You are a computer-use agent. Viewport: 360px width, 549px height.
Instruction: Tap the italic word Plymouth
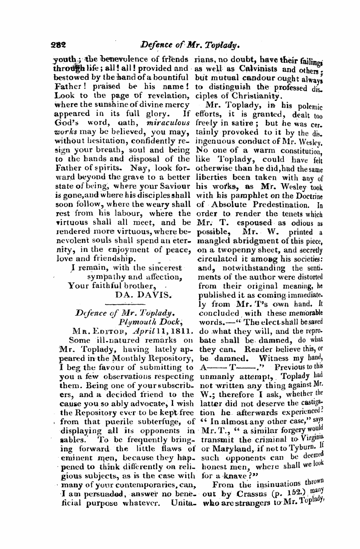tap(137, 323)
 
